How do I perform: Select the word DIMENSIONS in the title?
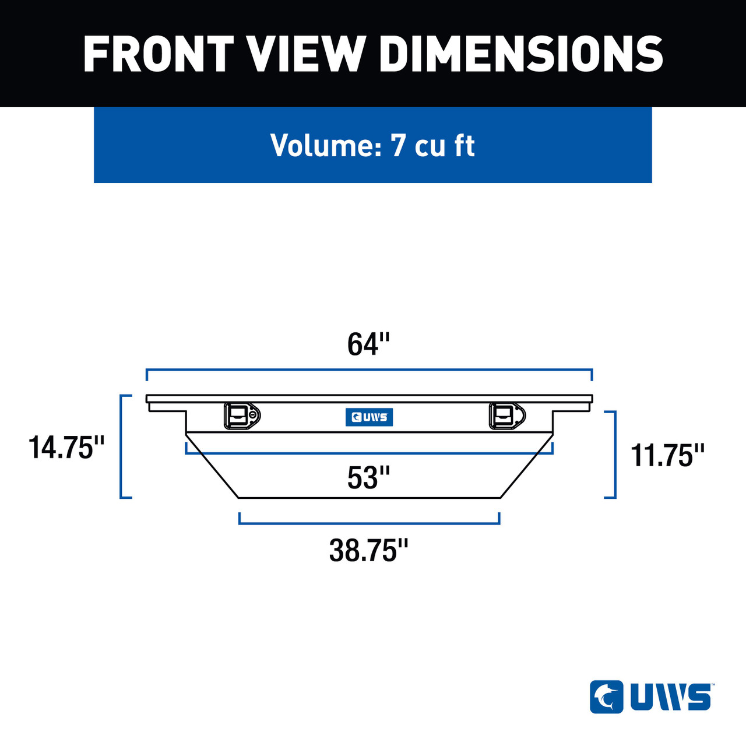[521, 54]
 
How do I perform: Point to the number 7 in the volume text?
[398, 145]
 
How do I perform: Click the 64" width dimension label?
[368, 344]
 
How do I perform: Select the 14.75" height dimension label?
[66, 448]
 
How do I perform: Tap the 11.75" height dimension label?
[668, 455]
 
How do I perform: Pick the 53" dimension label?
[368, 478]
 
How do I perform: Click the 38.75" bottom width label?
[368, 550]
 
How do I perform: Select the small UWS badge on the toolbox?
[369, 417]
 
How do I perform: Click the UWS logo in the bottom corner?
[652, 697]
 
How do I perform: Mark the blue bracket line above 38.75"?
[369, 523]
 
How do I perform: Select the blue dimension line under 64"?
[369, 370]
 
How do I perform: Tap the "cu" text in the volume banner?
[431, 146]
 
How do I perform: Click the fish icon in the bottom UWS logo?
[607, 697]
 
